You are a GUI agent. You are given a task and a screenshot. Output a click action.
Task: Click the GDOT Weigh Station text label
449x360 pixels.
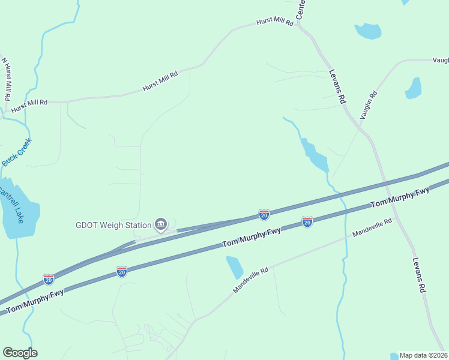pyautogui.click(x=113, y=226)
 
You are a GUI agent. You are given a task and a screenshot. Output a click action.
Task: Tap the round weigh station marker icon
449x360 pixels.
pyautogui.click(x=161, y=225)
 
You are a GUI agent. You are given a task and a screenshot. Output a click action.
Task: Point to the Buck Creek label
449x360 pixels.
pyautogui.click(x=16, y=152)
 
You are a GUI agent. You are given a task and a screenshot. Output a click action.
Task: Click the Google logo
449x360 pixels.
pyautogui.click(x=20, y=353)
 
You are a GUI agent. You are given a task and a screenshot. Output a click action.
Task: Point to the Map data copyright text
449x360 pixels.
pyautogui.click(x=423, y=355)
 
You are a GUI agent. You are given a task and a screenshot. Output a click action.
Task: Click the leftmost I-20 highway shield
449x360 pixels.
pyautogui.click(x=49, y=279)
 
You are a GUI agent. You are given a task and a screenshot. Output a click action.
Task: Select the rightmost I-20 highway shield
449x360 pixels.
pyautogui.click(x=307, y=222)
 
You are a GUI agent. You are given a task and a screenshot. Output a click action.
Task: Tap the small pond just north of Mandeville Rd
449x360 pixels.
pyautogui.click(x=234, y=267)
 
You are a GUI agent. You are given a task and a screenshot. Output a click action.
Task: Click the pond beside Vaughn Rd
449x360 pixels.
pyautogui.click(x=414, y=88)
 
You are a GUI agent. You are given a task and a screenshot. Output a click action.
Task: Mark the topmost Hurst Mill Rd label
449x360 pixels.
pyautogui.click(x=274, y=22)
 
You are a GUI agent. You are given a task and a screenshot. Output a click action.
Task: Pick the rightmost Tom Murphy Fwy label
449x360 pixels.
pyautogui.click(x=400, y=197)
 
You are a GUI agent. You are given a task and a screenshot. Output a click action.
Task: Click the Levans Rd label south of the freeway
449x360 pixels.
pyautogui.click(x=419, y=275)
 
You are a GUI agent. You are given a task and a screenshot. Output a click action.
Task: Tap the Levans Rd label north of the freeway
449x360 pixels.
pyautogui.click(x=338, y=88)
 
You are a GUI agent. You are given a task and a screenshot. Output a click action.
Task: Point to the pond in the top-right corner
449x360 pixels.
pyautogui.click(x=368, y=31)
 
